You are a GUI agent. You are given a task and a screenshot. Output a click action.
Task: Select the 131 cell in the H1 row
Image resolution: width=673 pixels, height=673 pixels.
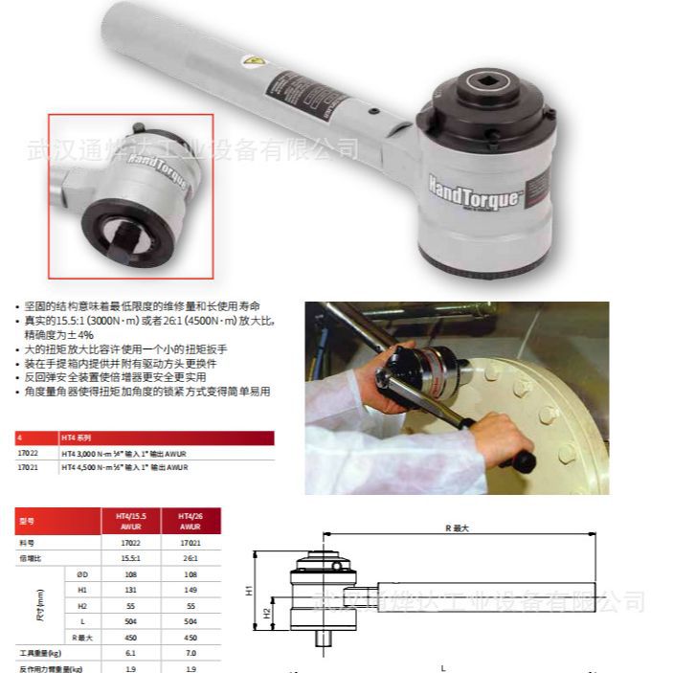127,590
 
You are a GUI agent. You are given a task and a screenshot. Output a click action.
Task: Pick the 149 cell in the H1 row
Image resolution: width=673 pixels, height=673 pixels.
189,590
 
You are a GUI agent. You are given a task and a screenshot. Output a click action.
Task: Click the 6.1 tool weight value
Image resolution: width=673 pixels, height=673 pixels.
127,652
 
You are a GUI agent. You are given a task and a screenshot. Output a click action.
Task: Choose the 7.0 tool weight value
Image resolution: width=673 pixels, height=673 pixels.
189,652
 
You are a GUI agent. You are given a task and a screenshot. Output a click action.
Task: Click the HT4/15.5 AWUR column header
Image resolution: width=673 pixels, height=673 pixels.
127,521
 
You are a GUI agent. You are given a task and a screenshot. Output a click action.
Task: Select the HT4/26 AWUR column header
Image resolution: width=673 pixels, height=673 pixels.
190,521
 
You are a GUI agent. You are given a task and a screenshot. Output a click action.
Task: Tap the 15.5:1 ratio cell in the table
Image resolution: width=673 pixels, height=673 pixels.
127,558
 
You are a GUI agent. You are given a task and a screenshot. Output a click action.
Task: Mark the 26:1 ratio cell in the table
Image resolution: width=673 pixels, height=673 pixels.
189,558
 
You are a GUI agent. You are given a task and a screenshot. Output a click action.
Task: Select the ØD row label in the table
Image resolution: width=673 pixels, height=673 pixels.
81,574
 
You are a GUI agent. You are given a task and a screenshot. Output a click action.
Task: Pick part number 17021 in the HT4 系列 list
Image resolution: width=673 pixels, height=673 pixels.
29,467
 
